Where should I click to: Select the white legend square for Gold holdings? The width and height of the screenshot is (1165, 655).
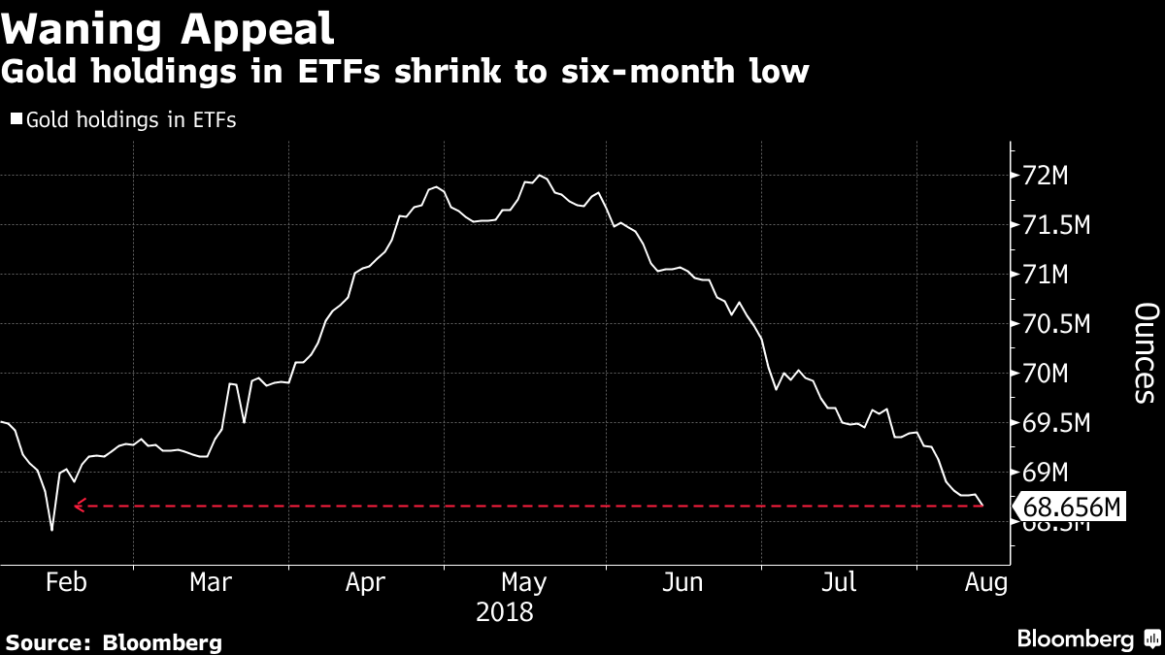pos(16,120)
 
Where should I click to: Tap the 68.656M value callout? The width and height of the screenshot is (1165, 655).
pos(1068,507)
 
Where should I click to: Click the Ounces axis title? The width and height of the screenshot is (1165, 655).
pos(1146,352)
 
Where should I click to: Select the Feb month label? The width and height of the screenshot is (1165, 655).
pos(67,582)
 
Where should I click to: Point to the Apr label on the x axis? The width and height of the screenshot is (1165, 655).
pos(366,582)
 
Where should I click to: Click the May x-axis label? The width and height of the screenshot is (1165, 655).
pos(523,582)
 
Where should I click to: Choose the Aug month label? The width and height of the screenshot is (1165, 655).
pos(986,582)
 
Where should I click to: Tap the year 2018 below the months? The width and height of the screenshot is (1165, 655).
pos(505,613)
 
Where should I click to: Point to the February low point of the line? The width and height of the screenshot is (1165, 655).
pos(51,530)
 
